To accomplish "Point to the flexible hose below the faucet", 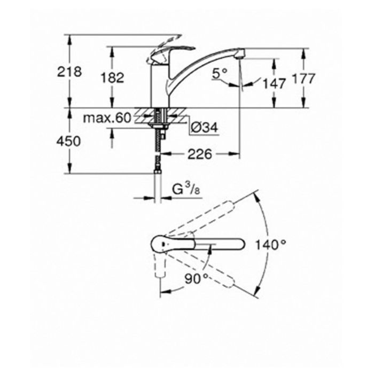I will point(159,155).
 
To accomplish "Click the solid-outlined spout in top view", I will point(214,245).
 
